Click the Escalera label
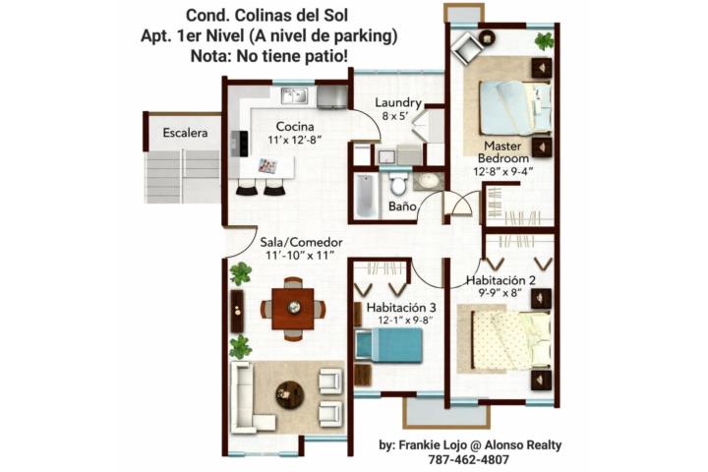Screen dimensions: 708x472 coord(185,133)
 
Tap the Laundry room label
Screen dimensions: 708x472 coord(398,103)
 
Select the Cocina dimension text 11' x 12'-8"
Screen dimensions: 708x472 coord(294,140)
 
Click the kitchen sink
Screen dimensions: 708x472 coord(294,95)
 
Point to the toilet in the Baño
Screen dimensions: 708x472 coord(398,183)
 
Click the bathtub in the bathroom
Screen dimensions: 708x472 coord(366,196)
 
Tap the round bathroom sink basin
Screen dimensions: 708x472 coord(426,181)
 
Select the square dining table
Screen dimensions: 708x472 coord(293,309)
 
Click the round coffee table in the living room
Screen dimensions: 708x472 coord(289,394)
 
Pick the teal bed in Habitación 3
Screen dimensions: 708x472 coord(389,345)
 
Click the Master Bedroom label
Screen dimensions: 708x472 coord(503,152)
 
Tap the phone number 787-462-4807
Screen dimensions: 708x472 coord(468,460)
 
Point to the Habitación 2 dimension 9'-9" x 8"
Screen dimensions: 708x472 coord(500,293)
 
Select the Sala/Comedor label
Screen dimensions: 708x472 coord(301,243)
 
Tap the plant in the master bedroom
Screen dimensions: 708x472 coord(544,41)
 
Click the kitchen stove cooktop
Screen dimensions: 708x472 coord(239,144)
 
